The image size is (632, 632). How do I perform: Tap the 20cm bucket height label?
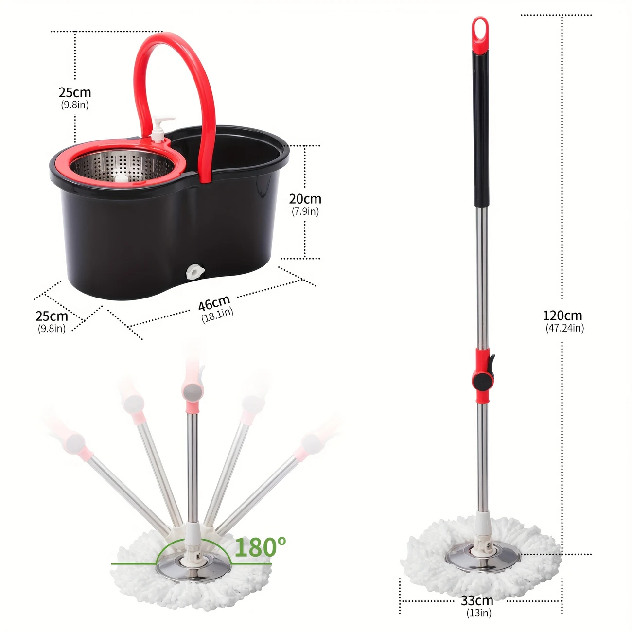(x=305, y=199)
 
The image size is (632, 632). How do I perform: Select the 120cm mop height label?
(x=562, y=316)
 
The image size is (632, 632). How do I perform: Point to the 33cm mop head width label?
(x=477, y=600)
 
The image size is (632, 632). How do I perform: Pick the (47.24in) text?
(x=565, y=328)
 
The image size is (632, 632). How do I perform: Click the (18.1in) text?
(x=217, y=315)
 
